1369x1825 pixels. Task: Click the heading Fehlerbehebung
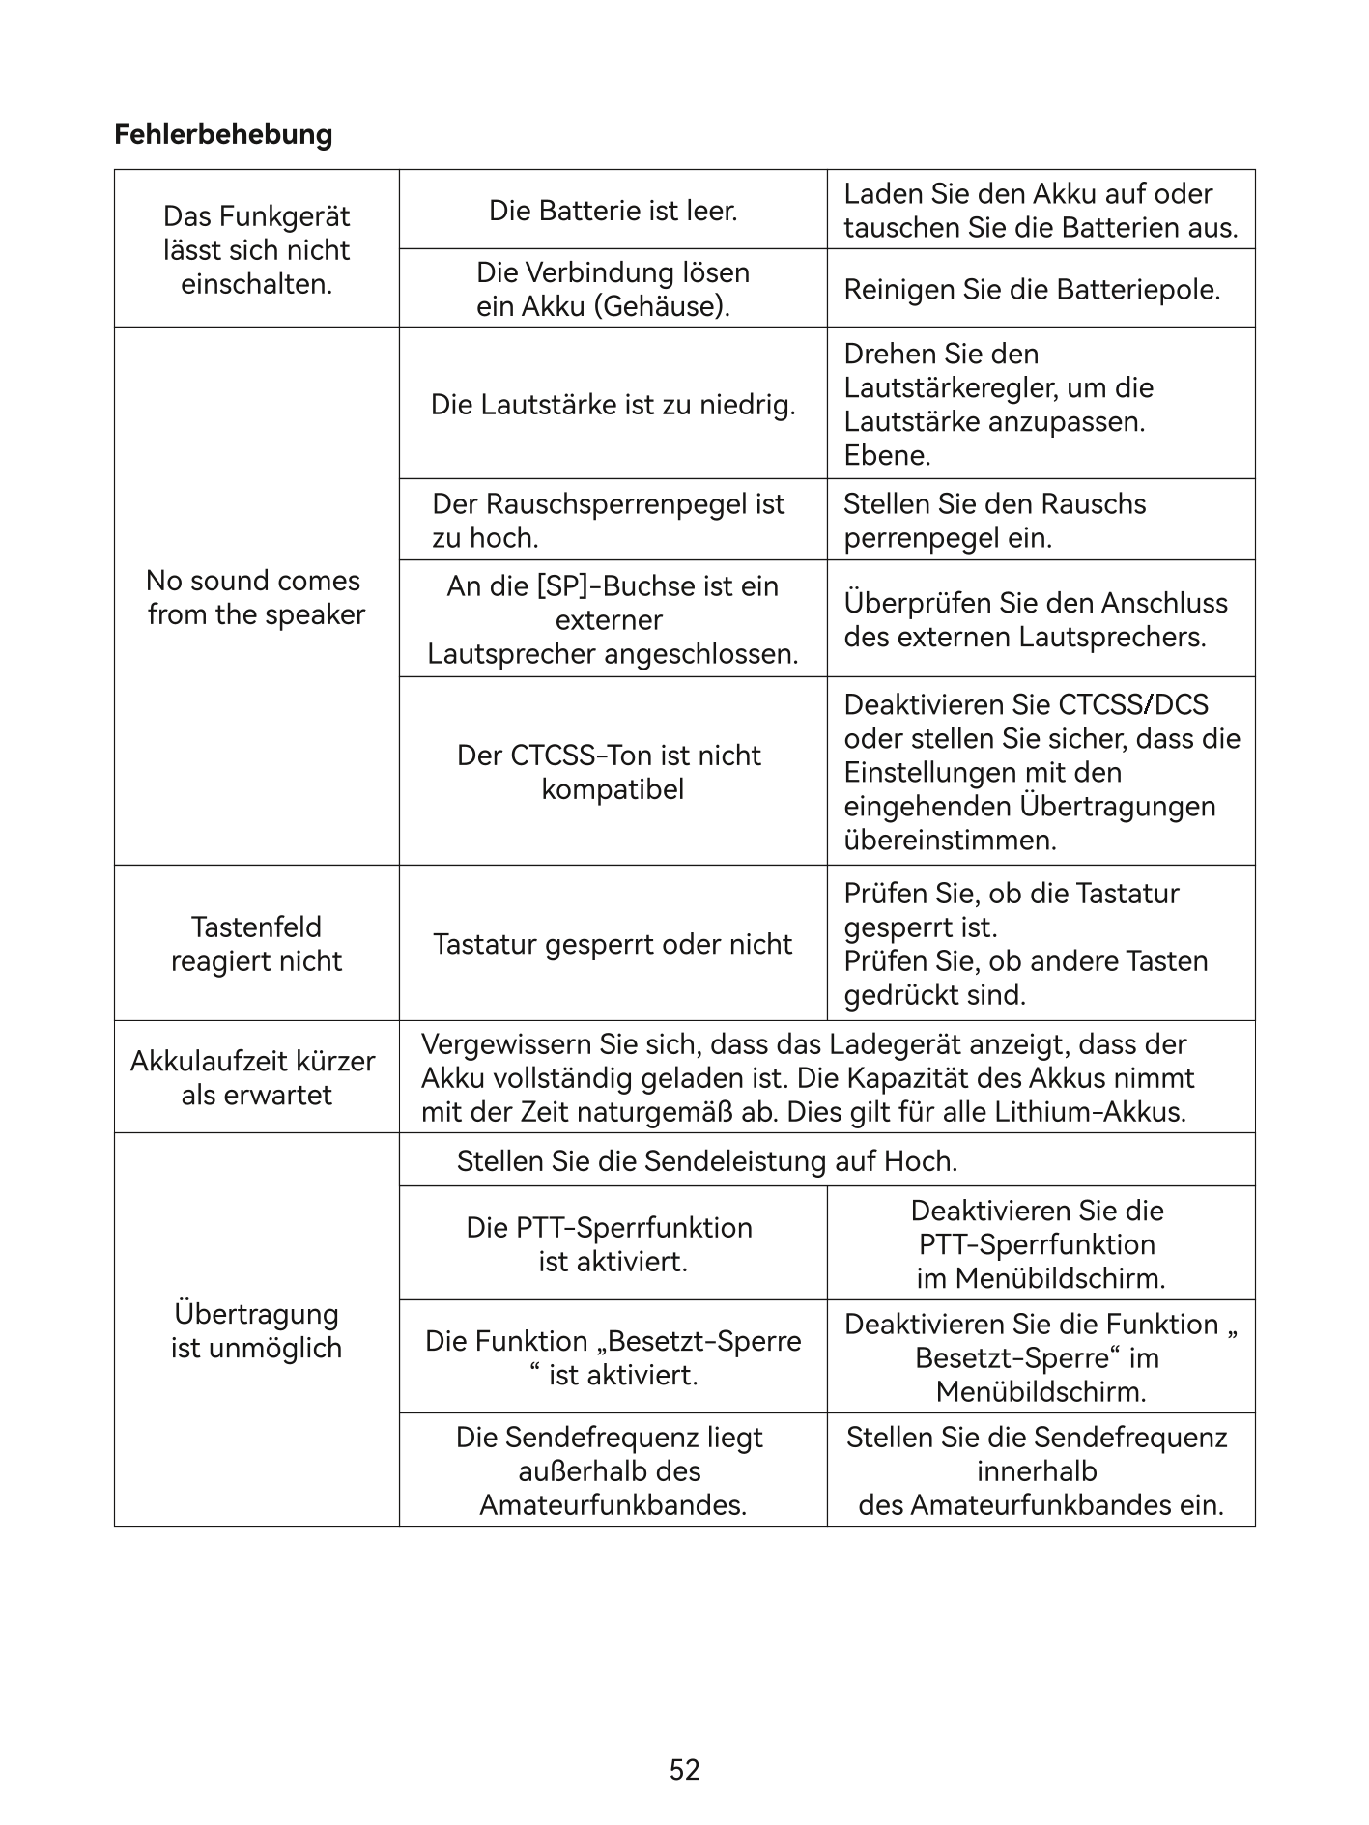click(223, 134)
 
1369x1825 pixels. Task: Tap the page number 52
click(684, 1769)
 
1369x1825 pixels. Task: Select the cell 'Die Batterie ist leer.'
click(613, 211)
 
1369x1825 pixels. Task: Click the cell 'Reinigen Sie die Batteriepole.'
click(1032, 289)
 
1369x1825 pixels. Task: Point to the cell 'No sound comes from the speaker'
click(256, 597)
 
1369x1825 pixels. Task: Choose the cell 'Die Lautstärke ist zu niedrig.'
click(613, 404)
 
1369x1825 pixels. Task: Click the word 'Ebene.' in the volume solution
click(887, 455)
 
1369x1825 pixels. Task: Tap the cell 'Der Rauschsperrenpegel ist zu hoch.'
click(608, 520)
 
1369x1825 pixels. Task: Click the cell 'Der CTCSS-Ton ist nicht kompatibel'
click(609, 772)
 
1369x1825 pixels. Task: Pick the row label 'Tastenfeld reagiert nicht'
click(256, 944)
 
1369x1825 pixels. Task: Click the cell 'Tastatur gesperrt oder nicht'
click(613, 944)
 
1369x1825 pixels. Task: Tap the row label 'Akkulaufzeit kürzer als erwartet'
click(253, 1077)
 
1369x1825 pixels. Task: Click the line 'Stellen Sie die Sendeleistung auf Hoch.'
click(707, 1160)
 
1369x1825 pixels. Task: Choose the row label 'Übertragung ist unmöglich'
click(256, 1330)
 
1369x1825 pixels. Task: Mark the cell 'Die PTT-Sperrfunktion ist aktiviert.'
click(609, 1244)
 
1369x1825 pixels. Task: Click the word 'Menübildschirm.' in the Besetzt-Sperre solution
click(1041, 1392)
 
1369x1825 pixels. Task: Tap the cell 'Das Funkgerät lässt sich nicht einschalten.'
click(256, 249)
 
